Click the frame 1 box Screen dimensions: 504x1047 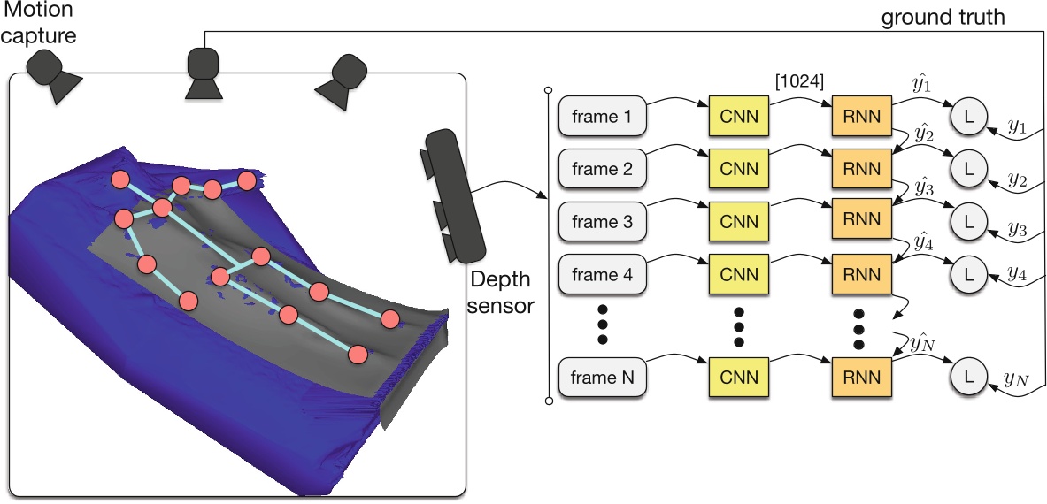[603, 116]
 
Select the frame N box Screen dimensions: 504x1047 [603, 378]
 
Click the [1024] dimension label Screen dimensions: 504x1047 [800, 83]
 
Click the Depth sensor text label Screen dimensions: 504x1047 [504, 293]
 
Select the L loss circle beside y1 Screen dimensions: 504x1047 [968, 116]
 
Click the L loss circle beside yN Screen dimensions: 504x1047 [968, 378]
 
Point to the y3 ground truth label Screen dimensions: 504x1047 [1017, 230]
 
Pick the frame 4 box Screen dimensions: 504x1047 [603, 274]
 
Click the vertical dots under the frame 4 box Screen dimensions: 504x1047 [603, 324]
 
